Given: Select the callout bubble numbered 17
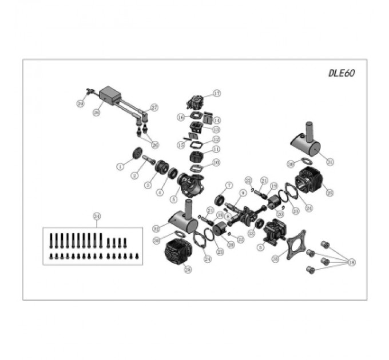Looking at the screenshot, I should click(217, 93).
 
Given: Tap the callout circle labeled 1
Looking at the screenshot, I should click(120, 166).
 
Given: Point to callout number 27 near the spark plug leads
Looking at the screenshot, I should click(154, 106).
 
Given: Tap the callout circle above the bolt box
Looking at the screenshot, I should click(96, 216).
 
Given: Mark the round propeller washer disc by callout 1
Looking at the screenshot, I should click(137, 155).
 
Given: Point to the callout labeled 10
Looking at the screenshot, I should click(216, 163).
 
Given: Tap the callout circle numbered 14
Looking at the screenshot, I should click(217, 120).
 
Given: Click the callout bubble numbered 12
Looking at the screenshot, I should click(216, 139).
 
